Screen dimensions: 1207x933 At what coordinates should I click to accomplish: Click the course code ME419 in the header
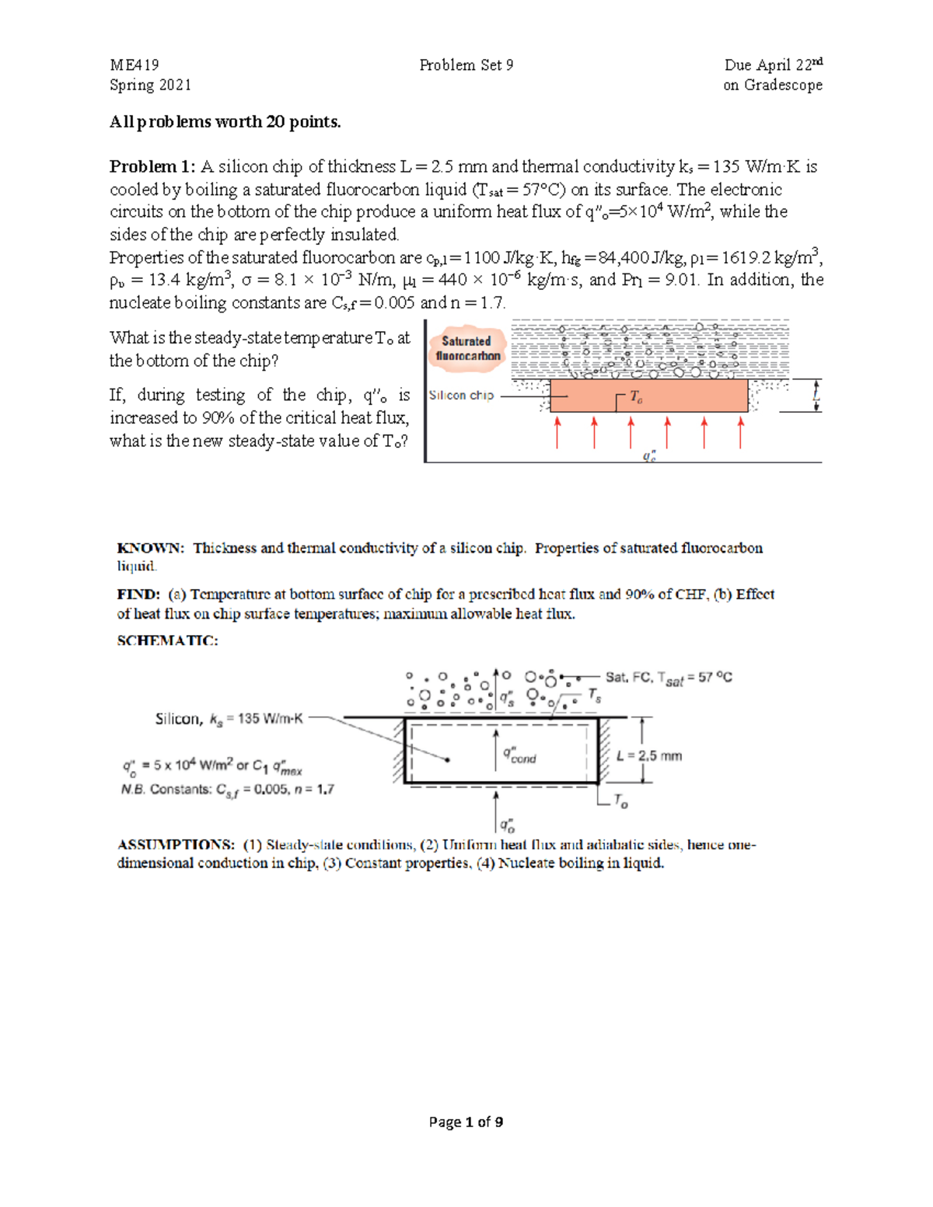(x=134, y=65)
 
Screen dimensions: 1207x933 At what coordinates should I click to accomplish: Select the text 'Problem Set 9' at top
(x=466, y=65)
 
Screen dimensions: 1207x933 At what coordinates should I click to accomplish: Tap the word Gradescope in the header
(x=783, y=85)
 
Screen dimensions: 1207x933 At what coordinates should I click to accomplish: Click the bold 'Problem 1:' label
(x=152, y=166)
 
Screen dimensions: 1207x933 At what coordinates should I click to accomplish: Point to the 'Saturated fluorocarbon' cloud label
(x=467, y=348)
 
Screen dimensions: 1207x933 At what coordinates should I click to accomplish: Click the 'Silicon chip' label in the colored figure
(x=461, y=395)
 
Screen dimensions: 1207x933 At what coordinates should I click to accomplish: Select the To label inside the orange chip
(x=635, y=396)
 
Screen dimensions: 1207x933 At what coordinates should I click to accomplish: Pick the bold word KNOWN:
(x=151, y=548)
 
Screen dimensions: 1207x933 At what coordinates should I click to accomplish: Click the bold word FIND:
(x=138, y=595)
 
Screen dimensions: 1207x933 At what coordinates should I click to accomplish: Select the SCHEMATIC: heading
(x=167, y=640)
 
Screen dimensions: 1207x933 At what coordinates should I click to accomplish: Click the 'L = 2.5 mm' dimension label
(x=648, y=755)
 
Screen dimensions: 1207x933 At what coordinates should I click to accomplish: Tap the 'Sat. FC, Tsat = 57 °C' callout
(x=669, y=678)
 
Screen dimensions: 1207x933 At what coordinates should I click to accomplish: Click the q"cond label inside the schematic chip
(x=519, y=755)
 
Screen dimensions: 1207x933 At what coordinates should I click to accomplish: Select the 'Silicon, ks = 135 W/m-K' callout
(x=229, y=719)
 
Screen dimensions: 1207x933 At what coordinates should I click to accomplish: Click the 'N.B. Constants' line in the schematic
(x=227, y=790)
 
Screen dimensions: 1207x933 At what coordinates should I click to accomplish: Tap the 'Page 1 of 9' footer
(x=466, y=1122)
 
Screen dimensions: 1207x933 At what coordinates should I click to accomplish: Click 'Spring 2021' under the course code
(x=150, y=85)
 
